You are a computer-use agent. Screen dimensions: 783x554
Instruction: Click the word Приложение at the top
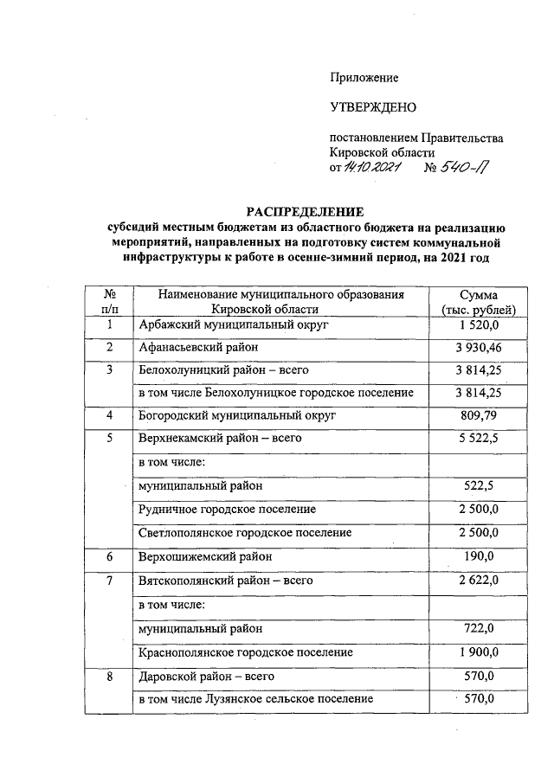[x=364, y=78]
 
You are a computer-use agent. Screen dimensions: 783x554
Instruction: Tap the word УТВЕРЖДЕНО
[x=373, y=108]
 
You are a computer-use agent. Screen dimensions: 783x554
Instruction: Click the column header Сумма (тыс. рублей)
[x=478, y=302]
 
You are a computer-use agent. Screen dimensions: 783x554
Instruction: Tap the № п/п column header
[x=109, y=302]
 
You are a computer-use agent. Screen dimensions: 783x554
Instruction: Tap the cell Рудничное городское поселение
[x=228, y=510]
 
